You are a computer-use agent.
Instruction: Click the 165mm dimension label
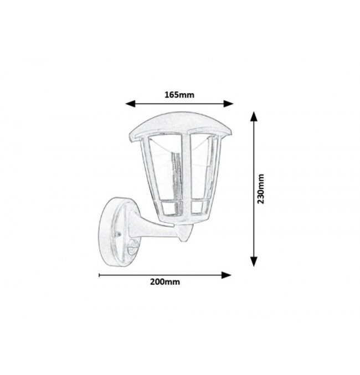pyautogui.click(x=179, y=95)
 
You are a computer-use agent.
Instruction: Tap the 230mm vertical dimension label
pyautogui.click(x=260, y=189)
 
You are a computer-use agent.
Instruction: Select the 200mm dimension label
pyautogui.click(x=165, y=282)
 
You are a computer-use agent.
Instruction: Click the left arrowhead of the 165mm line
pyautogui.click(x=131, y=104)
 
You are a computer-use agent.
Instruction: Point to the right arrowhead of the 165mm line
pyautogui.click(x=228, y=104)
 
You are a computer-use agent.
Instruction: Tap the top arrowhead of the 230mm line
pyautogui.click(x=254, y=116)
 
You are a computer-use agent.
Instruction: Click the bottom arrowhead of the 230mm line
pyautogui.click(x=254, y=261)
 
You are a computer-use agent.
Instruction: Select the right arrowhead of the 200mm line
pyautogui.click(x=226, y=275)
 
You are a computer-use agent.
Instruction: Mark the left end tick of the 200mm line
pyautogui.click(x=99, y=275)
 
